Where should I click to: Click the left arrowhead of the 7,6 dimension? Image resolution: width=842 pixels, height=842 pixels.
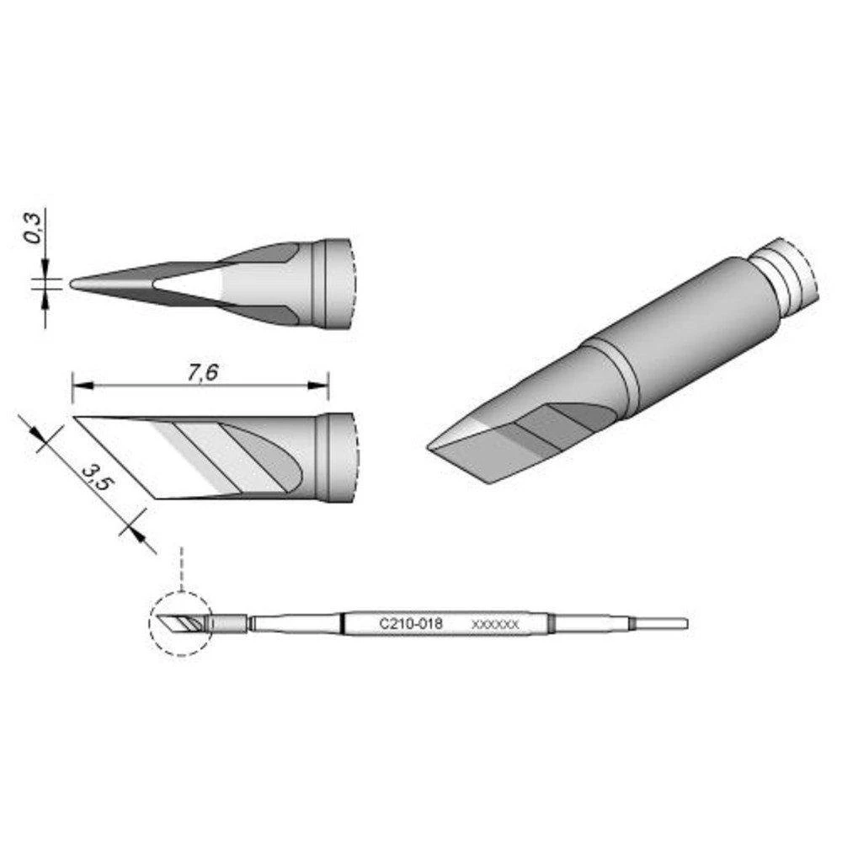[78, 386]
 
